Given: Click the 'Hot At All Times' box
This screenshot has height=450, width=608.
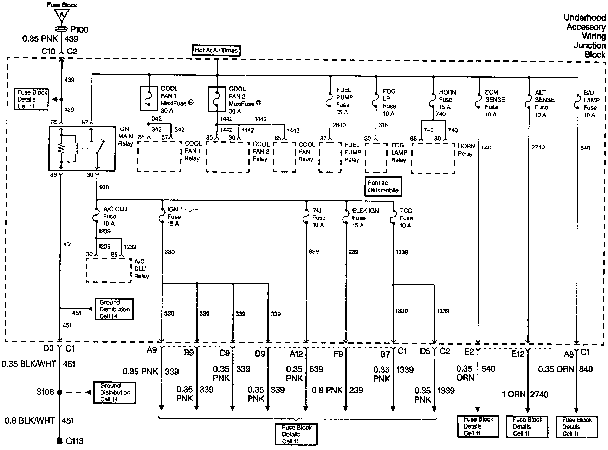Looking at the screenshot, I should point(216,50).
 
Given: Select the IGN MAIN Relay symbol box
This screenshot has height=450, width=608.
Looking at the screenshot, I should point(82,149).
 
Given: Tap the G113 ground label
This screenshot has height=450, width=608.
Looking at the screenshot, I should point(75,441).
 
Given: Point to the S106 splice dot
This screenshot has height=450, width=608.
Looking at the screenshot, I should point(60,392).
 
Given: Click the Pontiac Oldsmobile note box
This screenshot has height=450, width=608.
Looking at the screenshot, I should point(383,187).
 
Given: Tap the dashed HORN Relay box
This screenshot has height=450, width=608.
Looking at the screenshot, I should point(433,158).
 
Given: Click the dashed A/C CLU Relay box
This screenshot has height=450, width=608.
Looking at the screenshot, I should point(109,270).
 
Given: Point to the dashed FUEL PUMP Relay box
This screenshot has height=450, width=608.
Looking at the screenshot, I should point(330,157).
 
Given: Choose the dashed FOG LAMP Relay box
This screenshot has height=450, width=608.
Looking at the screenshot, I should point(376,157).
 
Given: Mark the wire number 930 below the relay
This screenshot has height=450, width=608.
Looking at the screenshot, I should point(104,187).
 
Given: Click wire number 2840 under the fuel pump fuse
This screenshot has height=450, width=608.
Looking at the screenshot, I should point(339,125).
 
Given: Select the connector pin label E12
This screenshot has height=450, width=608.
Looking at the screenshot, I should point(518,353).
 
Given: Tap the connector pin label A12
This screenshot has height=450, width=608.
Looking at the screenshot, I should point(296,353).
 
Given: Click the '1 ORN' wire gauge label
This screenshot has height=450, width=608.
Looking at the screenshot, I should point(513,394).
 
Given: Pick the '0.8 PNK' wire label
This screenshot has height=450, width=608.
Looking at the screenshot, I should point(327,390).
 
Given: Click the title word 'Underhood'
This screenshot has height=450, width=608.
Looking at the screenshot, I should point(584,18).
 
